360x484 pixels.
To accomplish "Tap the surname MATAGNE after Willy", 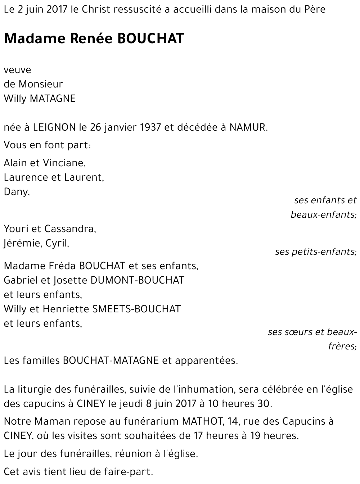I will click(x=53, y=98).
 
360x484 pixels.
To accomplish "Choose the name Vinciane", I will click(x=64, y=163).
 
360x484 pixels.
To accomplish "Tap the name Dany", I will click(x=16, y=192).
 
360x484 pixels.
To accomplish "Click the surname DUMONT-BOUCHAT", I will click(x=138, y=280).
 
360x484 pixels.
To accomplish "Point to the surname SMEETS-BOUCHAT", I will click(x=136, y=309).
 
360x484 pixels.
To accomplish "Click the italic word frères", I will click(x=341, y=347).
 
